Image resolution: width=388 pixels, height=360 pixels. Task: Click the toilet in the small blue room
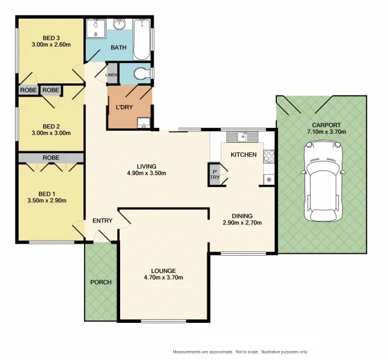[142, 74]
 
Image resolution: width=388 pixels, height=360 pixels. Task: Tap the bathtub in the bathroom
[142, 40]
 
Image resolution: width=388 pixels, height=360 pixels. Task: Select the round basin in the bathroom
[120, 24]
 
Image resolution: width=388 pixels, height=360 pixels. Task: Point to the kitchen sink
[243, 137]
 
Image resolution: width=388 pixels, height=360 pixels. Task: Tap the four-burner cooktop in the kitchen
[268, 156]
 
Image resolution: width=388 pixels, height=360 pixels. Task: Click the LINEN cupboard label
[111, 74]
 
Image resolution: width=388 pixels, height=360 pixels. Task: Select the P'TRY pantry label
[214, 175]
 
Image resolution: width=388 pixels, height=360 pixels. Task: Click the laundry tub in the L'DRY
[144, 123]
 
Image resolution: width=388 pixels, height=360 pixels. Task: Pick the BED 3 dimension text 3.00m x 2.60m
[51, 45]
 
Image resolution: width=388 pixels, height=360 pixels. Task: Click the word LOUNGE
[163, 271]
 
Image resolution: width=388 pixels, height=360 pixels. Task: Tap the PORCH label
[101, 282]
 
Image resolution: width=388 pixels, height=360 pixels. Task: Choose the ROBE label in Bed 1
[51, 157]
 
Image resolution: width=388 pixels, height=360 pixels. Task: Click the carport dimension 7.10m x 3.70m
[326, 132]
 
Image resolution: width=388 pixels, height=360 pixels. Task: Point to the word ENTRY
[103, 221]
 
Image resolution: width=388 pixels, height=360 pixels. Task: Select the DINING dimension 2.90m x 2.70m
[242, 223]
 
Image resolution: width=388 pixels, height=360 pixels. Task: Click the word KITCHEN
[243, 155]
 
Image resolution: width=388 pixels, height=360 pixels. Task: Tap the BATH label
[118, 47]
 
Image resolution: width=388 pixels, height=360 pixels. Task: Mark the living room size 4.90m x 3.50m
[147, 173]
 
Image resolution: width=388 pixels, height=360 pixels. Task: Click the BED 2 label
[51, 127]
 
